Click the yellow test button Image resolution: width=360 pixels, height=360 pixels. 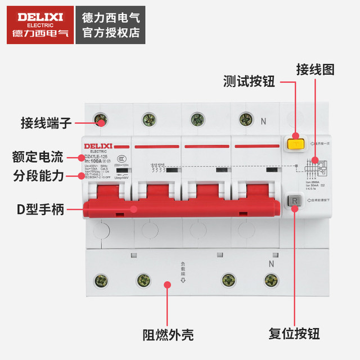(x=294, y=144)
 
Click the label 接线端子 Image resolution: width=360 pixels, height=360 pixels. (x=46, y=121)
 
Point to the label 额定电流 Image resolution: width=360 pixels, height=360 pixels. (x=38, y=156)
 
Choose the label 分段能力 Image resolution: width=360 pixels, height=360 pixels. (x=38, y=175)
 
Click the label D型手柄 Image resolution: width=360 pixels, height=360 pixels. (x=39, y=210)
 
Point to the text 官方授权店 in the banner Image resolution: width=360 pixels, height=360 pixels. (x=111, y=33)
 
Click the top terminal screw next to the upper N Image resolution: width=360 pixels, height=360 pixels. (x=244, y=119)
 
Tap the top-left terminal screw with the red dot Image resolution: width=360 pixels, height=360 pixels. (x=101, y=120)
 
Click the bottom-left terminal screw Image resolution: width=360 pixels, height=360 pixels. (x=101, y=280)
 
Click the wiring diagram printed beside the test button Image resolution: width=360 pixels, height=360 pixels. (x=310, y=166)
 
